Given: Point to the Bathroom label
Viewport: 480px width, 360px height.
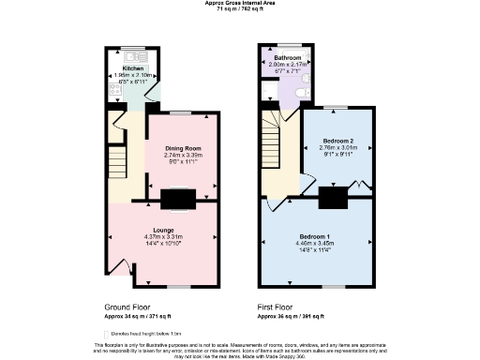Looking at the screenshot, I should point(287,58).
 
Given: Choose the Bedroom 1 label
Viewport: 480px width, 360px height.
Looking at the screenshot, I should point(315,234).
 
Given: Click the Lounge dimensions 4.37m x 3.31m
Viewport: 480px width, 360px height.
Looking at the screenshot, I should point(163,236).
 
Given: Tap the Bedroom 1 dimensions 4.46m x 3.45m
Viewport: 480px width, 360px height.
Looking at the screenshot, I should point(315,243).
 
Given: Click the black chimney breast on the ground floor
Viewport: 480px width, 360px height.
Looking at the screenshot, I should point(178,199).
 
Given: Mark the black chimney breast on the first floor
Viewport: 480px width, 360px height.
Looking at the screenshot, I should point(331,198).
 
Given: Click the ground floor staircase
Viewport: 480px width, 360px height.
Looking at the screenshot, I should point(118,155).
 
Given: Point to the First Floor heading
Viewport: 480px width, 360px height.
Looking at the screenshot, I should point(276,307).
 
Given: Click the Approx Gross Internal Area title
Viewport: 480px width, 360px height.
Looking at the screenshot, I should point(239,3).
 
